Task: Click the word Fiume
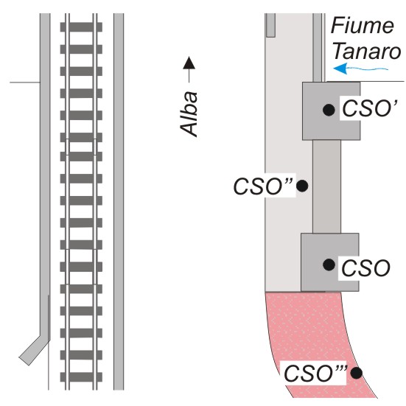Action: [363, 25]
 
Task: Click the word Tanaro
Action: [366, 51]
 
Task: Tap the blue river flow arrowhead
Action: [340, 69]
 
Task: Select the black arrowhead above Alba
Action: [189, 63]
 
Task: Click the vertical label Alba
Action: [189, 113]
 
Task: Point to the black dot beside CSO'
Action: [329, 110]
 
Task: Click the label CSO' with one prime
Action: [369, 109]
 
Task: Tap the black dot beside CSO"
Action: [302, 186]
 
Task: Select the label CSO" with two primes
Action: [263, 186]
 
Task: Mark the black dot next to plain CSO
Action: [329, 265]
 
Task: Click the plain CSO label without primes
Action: [365, 268]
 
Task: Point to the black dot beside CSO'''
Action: [357, 373]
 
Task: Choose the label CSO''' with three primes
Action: [315, 373]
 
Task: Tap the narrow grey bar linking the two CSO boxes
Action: [326, 186]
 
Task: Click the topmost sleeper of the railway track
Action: [81, 27]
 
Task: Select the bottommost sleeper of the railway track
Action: [81, 377]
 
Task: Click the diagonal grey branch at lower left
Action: [34, 350]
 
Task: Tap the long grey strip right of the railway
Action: [119, 201]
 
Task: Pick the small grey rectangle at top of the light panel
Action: [270, 25]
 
